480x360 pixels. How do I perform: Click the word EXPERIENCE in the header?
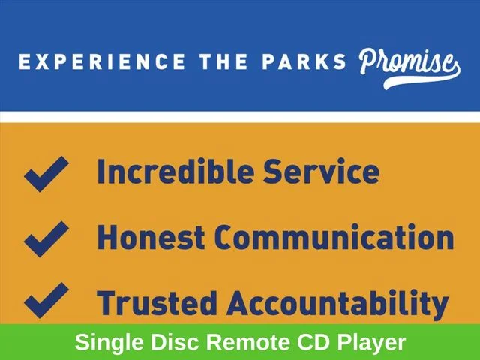tap(102, 61)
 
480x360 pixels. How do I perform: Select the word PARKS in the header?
tap(304, 61)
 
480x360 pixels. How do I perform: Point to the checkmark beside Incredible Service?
tap(46, 174)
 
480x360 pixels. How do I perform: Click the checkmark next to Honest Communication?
tap(46, 238)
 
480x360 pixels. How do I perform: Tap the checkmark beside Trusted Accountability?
tap(46, 300)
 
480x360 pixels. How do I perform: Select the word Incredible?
tap(175, 171)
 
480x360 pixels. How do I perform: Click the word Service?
tap(322, 171)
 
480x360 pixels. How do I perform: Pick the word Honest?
tap(151, 237)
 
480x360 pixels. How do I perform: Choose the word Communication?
tap(334, 237)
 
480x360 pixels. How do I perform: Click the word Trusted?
tap(157, 303)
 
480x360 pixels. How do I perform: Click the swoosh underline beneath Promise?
tap(422, 80)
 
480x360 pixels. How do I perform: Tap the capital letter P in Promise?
tap(369, 61)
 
